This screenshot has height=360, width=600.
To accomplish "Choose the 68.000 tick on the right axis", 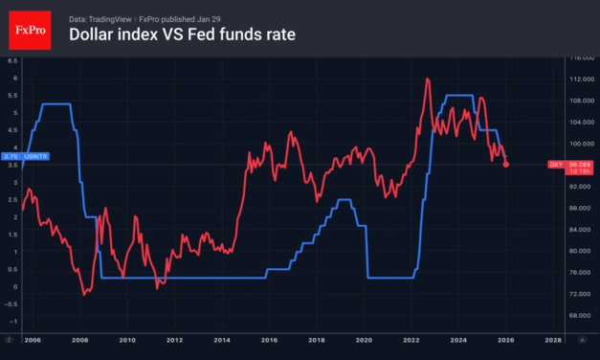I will [x=570, y=314].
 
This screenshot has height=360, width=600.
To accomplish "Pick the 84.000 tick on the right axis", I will [x=570, y=229].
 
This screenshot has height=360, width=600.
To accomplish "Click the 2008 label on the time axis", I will [x=79, y=339].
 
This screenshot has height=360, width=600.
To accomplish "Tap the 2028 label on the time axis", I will [x=552, y=339].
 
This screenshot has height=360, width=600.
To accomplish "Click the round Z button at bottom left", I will [x=9, y=339].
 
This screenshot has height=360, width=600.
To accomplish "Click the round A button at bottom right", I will [x=581, y=339].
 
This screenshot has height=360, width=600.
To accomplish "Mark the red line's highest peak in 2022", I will [x=426, y=79].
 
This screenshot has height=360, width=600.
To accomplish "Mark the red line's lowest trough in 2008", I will [x=84, y=295].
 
